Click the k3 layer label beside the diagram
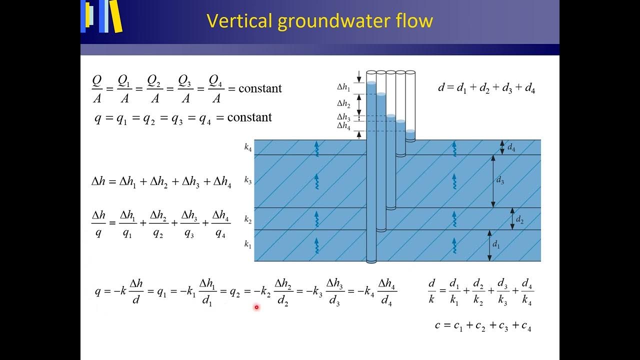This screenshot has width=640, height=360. pyautogui.click(x=248, y=180)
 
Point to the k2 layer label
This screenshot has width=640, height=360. pyautogui.click(x=248, y=219)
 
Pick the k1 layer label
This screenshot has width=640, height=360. pyautogui.click(x=248, y=244)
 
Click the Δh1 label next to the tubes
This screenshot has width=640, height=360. pyautogui.click(x=344, y=86)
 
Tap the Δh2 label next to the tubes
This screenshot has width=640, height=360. pyautogui.click(x=344, y=103)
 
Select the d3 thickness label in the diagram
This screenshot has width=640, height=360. pyautogui.click(x=499, y=180)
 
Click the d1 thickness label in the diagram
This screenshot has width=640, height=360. pyautogui.click(x=496, y=244)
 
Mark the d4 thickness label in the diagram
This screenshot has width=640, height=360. pyautogui.click(x=511, y=147)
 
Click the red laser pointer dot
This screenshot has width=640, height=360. pyautogui.click(x=256, y=307)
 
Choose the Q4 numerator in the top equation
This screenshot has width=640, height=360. pyautogui.click(x=215, y=80)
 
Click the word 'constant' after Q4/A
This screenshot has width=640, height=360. pyautogui.click(x=260, y=88)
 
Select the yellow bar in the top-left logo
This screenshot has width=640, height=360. pyautogui.click(x=116, y=16)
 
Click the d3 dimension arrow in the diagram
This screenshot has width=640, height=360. pyautogui.click(x=493, y=181)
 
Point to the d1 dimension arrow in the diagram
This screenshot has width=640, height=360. pyautogui.click(x=489, y=245)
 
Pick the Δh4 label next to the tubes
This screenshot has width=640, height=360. pyautogui.click(x=344, y=125)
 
